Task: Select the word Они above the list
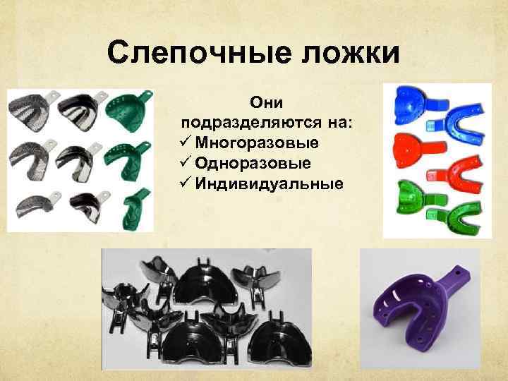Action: coord(270,103)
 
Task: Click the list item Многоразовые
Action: coord(258,143)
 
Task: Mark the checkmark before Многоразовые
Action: coord(186,143)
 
